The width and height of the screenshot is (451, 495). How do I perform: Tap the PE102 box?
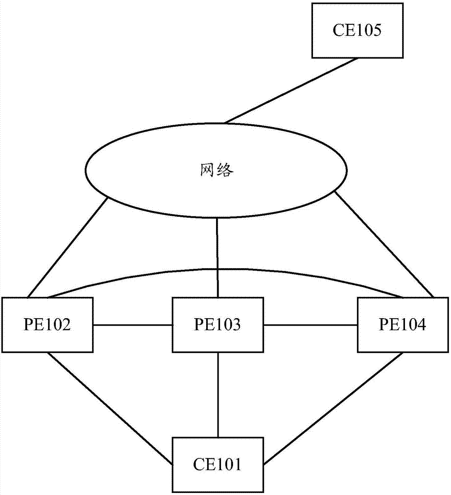point(48,325)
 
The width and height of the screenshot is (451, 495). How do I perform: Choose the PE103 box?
point(218,325)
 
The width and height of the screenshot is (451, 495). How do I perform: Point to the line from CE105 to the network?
point(291,91)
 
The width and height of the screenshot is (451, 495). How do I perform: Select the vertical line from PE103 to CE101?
point(218,395)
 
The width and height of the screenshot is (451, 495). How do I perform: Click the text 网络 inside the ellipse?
point(217,171)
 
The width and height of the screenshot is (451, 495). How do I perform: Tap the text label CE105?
point(355,32)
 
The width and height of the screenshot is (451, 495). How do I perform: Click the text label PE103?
point(218,325)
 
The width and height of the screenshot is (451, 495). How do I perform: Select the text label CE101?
point(218,465)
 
